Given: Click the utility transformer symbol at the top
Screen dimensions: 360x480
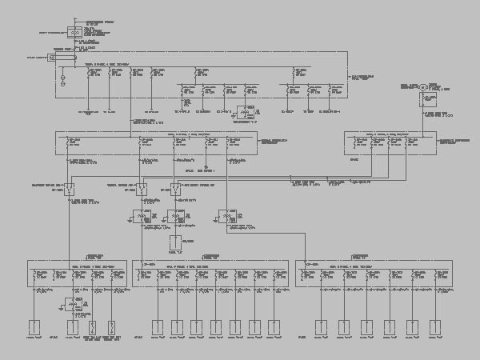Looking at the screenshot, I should tap(74, 33).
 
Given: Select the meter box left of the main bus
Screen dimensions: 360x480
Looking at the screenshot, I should tap(52, 58).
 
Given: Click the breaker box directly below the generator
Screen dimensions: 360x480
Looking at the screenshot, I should tap(430, 100).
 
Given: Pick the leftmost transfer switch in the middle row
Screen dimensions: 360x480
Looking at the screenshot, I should tap(70, 190).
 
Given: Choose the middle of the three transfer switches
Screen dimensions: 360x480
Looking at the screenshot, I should tap(141, 190).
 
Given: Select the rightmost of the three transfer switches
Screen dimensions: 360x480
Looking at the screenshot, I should tap(174, 190).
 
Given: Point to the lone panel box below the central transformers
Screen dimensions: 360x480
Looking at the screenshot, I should tap(175, 241).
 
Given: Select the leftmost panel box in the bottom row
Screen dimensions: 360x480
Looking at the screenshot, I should tap(34, 327).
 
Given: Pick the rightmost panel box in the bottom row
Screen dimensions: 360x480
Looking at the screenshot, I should tap(435, 327).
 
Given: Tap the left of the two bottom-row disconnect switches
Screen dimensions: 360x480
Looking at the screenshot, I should tap(92, 327).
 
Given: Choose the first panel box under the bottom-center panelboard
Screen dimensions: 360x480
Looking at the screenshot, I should tap(158, 327).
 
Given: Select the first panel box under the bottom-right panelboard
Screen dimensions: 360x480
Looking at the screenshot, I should tap(321, 327).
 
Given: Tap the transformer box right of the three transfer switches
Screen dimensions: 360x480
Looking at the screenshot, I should tap(223, 216).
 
